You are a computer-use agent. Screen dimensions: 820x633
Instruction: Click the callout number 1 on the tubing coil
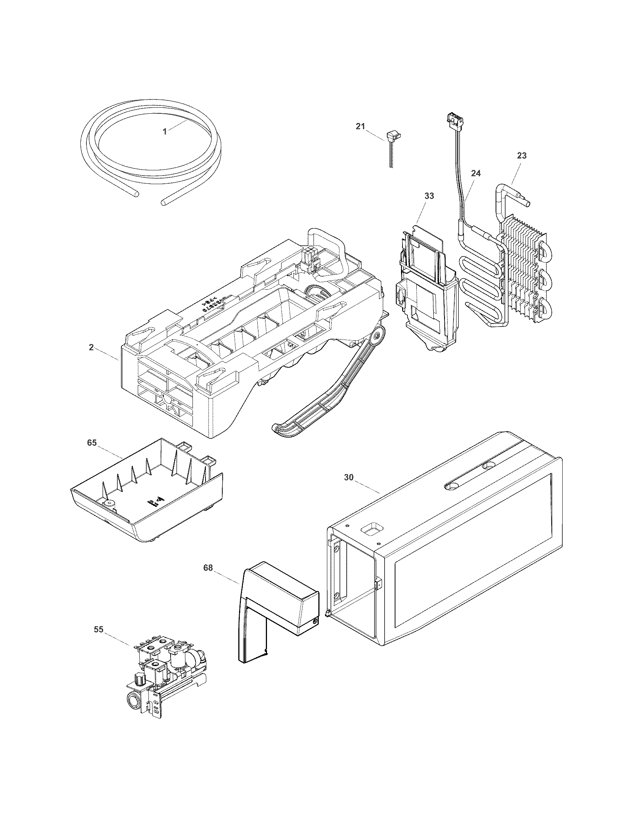click(x=165, y=132)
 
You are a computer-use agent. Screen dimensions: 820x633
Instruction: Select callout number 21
click(x=360, y=127)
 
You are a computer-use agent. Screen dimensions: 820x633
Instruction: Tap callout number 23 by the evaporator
click(x=522, y=155)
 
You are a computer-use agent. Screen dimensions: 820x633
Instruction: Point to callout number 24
click(x=476, y=173)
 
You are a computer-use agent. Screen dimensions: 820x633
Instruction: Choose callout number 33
click(x=429, y=196)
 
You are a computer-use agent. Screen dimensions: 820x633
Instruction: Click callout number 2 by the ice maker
click(x=91, y=347)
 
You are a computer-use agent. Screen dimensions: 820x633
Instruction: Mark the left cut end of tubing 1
click(x=136, y=194)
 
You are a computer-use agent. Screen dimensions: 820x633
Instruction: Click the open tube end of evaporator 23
click(x=528, y=203)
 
